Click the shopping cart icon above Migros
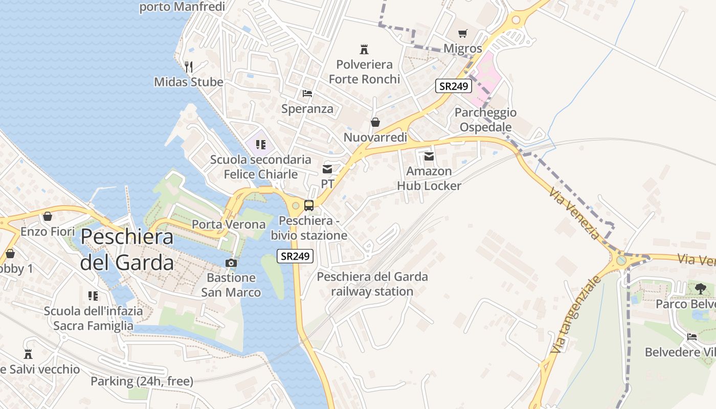pos(463,34)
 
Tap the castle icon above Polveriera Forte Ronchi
pos(364,50)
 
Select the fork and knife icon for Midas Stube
pos(189,66)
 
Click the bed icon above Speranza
pos(307,94)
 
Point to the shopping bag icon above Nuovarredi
pos(375,122)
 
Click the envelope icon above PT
pos(327,169)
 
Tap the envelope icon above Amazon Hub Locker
pos(429,156)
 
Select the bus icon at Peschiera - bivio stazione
pos(309,206)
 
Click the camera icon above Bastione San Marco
pos(231,263)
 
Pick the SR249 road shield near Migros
pos(454,86)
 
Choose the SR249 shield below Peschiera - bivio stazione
pos(295,256)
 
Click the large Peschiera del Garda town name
pos(127,249)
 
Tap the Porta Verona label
pos(229,224)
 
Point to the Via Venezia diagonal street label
pos(574,213)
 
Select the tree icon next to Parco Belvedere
pos(701,288)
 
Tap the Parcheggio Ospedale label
pos(485,120)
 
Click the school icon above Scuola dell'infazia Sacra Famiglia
pos(93,296)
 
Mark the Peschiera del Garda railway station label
pos(372,284)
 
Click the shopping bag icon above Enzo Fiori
pos(48,217)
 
